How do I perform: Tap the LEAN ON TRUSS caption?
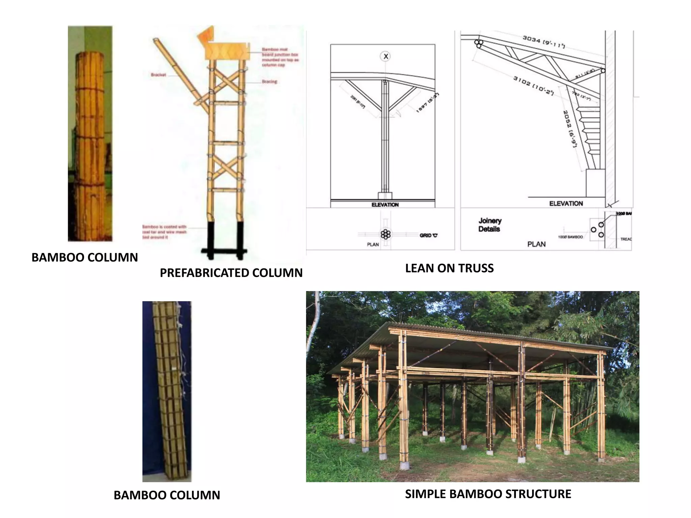449,268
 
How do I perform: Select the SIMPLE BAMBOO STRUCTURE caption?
488,494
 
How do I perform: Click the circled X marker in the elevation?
386,56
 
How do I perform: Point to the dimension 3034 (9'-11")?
544,41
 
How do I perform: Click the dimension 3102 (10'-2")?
533,85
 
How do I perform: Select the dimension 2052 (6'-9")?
571,129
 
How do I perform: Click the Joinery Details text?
490,225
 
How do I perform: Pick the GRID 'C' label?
429,235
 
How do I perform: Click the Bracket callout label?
158,75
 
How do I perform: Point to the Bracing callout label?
269,82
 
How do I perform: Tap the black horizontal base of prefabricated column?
224,251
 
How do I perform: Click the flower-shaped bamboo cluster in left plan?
385,234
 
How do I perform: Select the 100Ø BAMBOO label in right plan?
570,237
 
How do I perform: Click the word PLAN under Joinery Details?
536,244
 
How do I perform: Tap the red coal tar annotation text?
164,232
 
